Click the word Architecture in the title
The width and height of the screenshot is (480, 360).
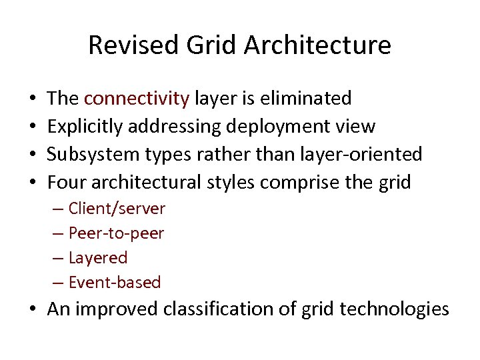click(317, 45)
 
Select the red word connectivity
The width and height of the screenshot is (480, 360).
click(137, 99)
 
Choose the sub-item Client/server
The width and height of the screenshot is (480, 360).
click(117, 209)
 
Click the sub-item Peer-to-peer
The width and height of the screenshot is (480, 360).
click(116, 233)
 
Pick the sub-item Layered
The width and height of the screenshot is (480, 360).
click(97, 257)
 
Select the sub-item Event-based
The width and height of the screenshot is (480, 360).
click(115, 282)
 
